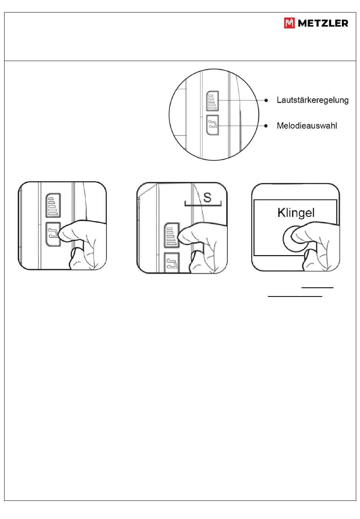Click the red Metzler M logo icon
click(290, 23)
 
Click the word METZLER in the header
click(323, 23)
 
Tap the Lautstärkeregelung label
click(313, 100)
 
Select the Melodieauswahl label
click(307, 126)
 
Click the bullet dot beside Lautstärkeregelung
click(266, 100)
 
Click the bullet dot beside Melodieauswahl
click(266, 126)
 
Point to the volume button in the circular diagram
click(213, 101)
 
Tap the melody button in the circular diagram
click(213, 125)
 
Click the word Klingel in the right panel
click(296, 213)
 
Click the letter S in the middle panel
click(207, 198)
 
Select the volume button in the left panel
click(53, 205)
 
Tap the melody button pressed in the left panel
click(53, 234)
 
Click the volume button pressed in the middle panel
click(172, 235)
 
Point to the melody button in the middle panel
click(172, 262)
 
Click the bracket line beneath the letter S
click(203, 205)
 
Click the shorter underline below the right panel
click(318, 287)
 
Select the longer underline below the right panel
click(295, 296)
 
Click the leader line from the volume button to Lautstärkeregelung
click(242, 100)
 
